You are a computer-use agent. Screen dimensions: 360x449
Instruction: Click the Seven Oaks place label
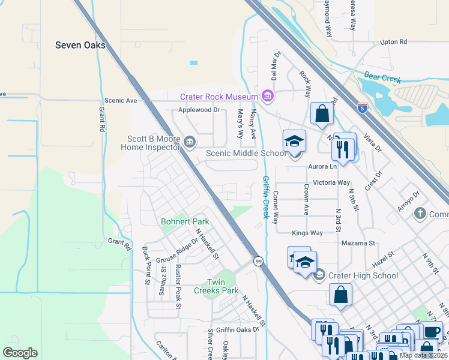[80, 45]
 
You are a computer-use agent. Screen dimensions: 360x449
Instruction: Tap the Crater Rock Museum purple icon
[268, 96]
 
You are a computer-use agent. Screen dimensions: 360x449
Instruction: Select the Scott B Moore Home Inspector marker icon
[190, 142]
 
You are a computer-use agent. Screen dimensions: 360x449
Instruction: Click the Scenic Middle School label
[246, 153]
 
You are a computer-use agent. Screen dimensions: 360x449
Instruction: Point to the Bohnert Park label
[185, 222]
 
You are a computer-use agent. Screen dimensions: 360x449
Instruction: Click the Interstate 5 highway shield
[363, 108]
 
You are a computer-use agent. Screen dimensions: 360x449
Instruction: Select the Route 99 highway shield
[258, 261]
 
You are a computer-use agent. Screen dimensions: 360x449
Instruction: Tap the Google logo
[19, 352]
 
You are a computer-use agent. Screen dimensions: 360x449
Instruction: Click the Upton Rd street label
[393, 42]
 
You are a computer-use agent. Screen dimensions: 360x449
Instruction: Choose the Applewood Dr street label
[199, 110]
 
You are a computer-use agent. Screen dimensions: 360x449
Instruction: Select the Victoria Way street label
[328, 182]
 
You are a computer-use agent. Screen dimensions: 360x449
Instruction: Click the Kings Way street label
[307, 233]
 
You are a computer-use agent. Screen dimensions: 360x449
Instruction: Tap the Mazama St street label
[358, 243]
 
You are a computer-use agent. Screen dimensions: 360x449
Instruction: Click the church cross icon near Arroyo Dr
[420, 214]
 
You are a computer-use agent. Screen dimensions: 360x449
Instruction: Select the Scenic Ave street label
[121, 100]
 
